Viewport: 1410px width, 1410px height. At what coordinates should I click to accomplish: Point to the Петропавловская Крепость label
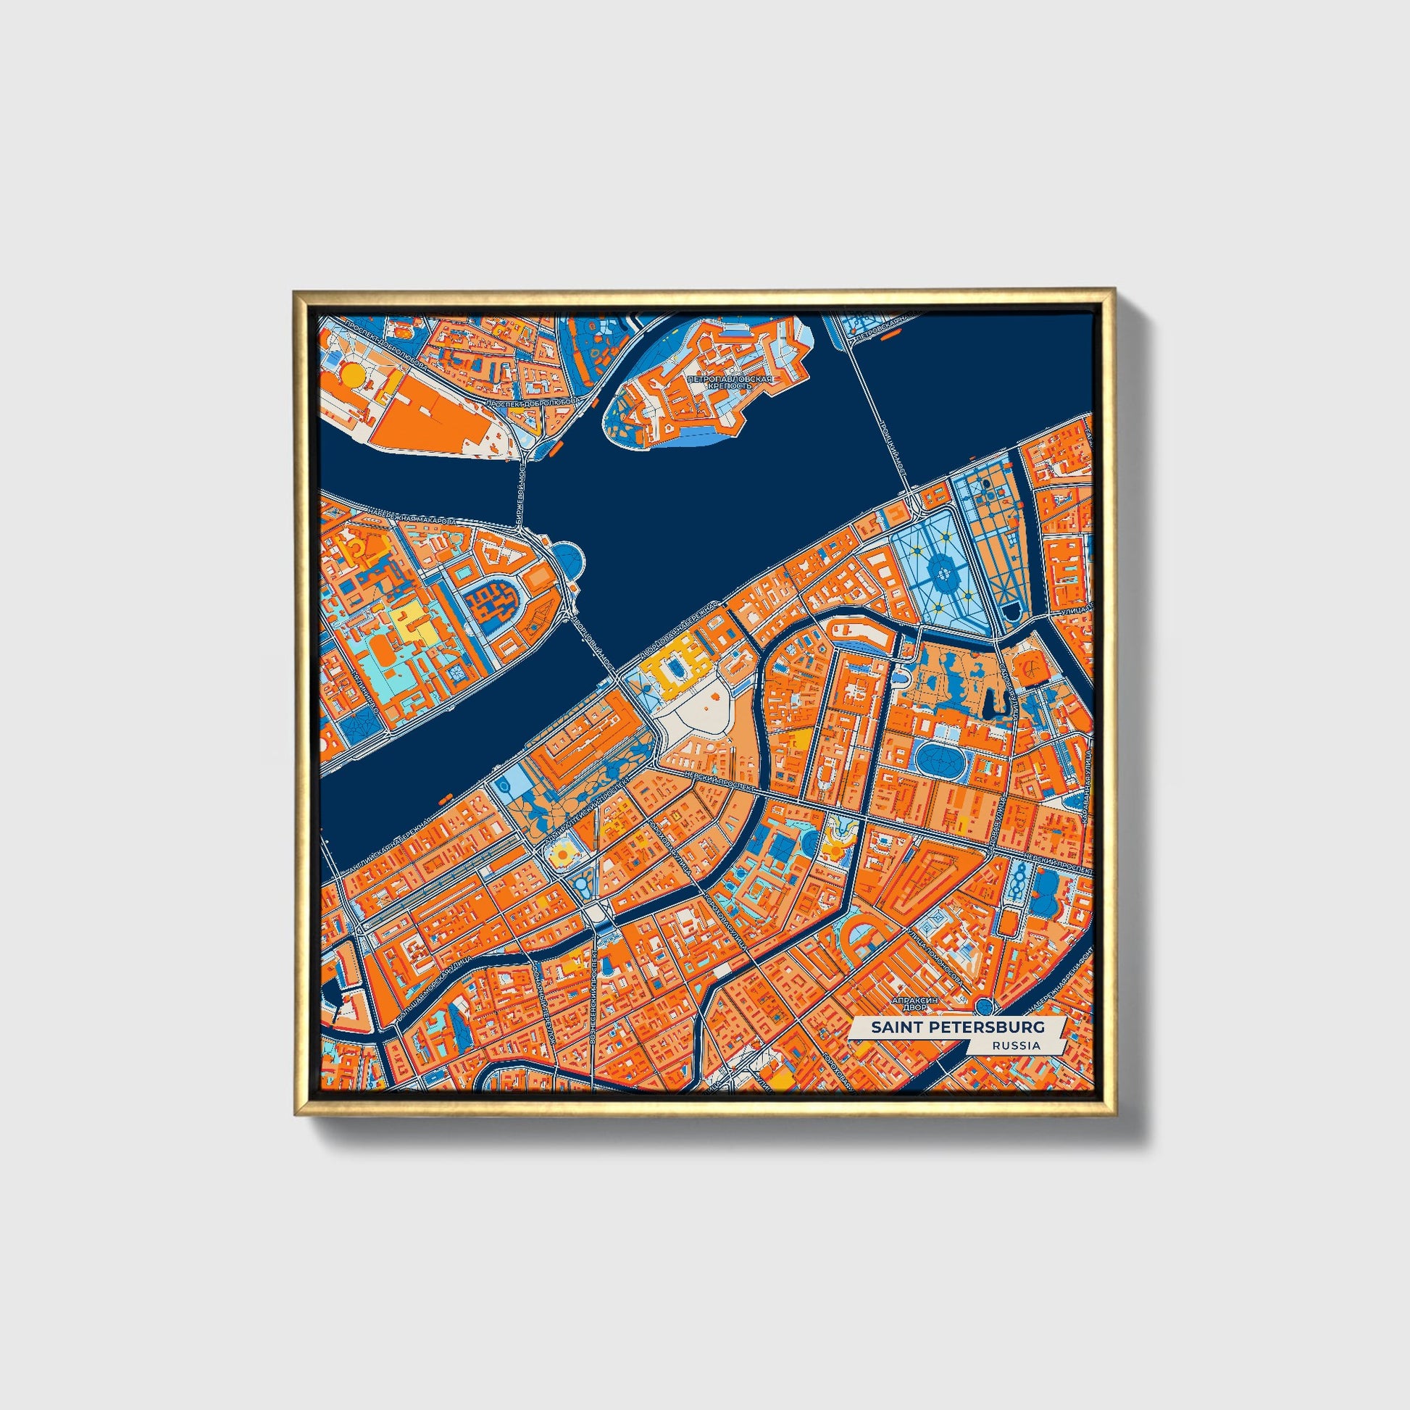click(x=730, y=383)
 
